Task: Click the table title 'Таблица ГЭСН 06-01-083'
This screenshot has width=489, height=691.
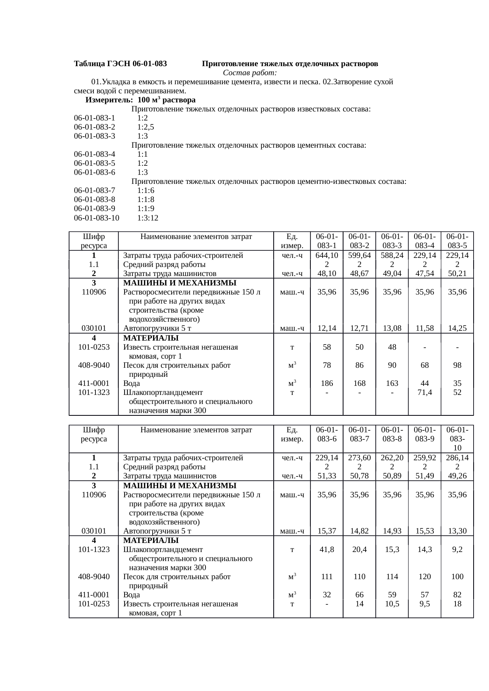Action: [120, 63]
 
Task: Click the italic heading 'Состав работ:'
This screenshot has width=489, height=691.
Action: [250, 73]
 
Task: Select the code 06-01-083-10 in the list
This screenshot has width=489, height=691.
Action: [97, 218]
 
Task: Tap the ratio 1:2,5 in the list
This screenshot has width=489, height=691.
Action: [146, 127]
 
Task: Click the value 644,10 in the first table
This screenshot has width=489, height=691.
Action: [327, 255]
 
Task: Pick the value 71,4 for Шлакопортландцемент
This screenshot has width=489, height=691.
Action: [424, 393]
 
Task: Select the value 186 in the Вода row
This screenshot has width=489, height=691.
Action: [327, 383]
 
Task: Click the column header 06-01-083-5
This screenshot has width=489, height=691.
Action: [457, 241]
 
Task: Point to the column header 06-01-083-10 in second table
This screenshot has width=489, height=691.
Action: [457, 439]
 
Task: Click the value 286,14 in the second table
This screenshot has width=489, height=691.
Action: [457, 458]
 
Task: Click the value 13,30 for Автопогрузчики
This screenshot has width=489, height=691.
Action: [457, 531]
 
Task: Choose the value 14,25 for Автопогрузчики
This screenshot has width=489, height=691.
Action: [457, 328]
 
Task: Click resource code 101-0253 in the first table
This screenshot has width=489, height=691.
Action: [94, 347]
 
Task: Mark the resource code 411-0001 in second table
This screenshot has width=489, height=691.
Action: [94, 595]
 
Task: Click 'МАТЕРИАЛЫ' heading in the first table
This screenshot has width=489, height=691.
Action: [151, 338]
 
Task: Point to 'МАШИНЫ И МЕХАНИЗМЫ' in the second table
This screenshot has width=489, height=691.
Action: [180, 485]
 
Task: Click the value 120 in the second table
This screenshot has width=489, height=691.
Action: [424, 576]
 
